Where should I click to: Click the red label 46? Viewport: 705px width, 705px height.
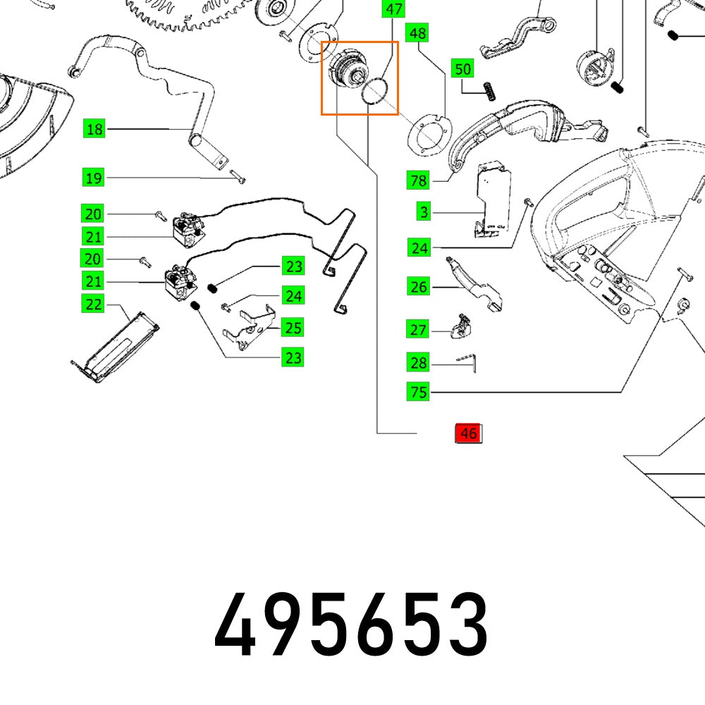pyautogui.click(x=468, y=434)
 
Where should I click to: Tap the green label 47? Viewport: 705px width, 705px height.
pyautogui.click(x=393, y=9)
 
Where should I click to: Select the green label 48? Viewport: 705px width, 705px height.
pyautogui.click(x=418, y=33)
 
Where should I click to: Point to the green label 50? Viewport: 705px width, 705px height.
pyautogui.click(x=462, y=69)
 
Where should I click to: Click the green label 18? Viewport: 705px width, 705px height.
pyautogui.click(x=94, y=129)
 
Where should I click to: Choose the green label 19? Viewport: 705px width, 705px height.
pyautogui.click(x=94, y=178)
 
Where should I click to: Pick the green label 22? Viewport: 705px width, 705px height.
pyautogui.click(x=94, y=305)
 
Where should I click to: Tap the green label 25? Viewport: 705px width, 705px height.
pyautogui.click(x=293, y=327)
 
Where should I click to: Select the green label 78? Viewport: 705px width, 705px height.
pyautogui.click(x=418, y=180)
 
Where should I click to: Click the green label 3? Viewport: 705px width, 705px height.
pyautogui.click(x=423, y=211)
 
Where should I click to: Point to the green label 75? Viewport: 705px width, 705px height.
pyautogui.click(x=418, y=392)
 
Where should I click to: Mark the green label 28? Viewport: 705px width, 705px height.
pyautogui.click(x=418, y=363)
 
